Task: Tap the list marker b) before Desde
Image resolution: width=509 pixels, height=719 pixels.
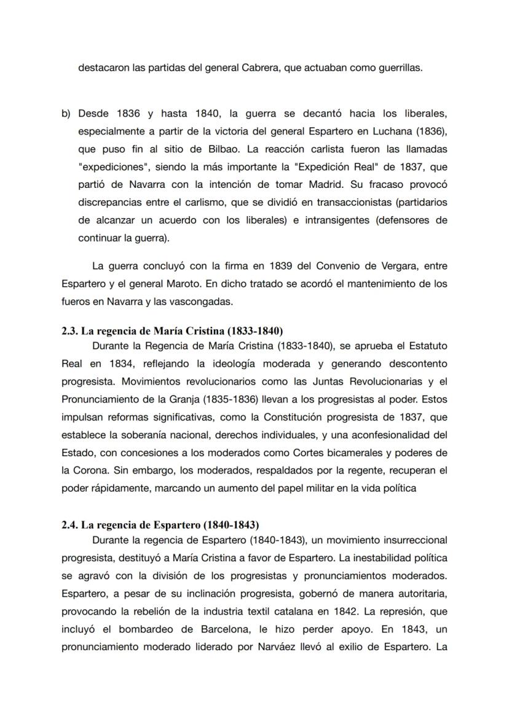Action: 66,114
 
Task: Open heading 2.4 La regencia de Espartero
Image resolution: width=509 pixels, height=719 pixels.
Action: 160,525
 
